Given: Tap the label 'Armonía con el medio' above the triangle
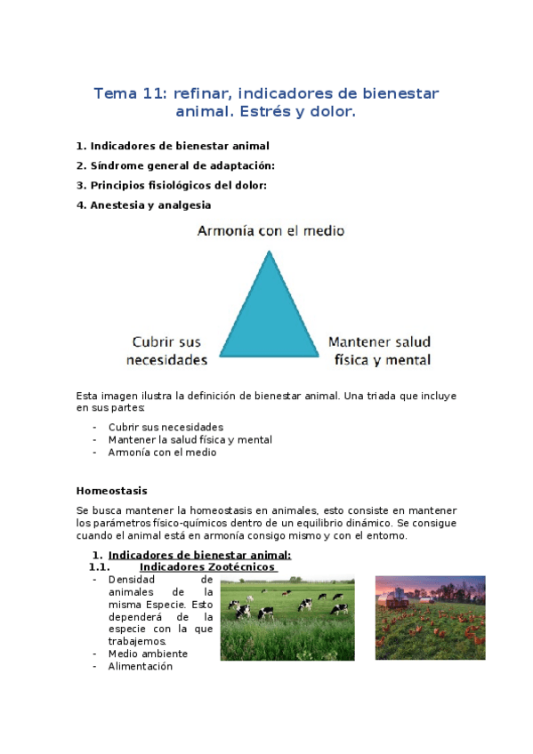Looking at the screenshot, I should pos(271,231).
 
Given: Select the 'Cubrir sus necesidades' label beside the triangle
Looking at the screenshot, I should pos(166,350).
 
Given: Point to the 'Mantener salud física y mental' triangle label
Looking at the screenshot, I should pos(379,350).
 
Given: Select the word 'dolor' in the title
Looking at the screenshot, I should pos(330,113).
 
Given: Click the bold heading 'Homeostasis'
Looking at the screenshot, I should pos(112,490).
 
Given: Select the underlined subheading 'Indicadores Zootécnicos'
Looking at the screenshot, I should pos(209,567).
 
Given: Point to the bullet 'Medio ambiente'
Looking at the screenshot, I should pos(148,654).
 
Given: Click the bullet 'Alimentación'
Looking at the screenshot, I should pos(140,666).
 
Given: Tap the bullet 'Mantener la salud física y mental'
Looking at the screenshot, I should pos(190,439).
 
